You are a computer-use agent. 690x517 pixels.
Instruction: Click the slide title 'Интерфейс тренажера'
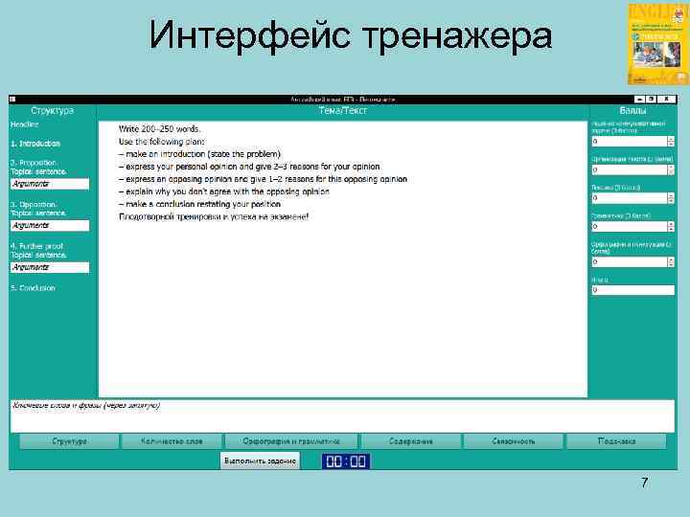tap(351, 37)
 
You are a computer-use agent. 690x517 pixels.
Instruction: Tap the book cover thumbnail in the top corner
tap(656, 43)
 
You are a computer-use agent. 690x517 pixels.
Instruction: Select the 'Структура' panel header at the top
tap(52, 111)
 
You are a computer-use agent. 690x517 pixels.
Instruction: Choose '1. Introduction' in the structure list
tap(35, 144)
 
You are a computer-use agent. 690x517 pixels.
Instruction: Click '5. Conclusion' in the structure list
tap(34, 288)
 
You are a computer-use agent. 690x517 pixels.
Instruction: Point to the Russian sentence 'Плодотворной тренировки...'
tap(214, 216)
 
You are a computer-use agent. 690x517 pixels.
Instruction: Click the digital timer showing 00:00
tap(345, 461)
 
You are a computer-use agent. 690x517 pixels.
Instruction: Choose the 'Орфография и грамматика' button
tap(291, 441)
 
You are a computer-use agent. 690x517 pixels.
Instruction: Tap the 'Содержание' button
tap(410, 441)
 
